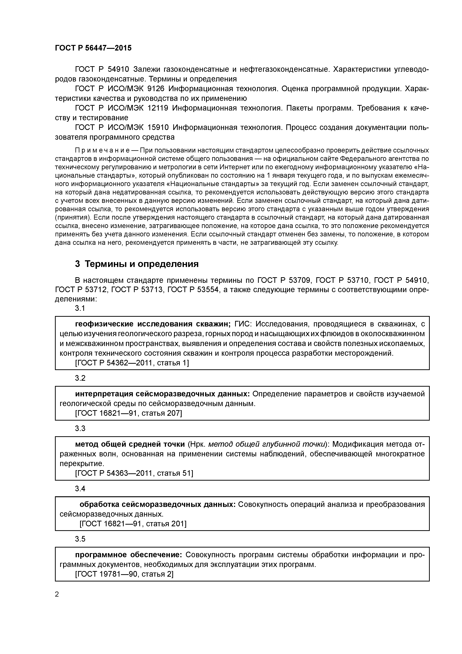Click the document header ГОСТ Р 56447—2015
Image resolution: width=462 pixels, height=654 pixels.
coord(93,48)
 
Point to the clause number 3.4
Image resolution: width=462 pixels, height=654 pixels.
coord(80,488)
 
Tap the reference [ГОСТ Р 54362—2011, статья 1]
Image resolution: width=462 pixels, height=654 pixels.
coord(132,363)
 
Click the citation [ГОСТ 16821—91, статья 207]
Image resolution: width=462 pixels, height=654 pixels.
coord(128,413)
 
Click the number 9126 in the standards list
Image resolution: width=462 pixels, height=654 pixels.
coord(156,89)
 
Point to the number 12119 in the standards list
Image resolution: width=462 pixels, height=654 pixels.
coord(158,108)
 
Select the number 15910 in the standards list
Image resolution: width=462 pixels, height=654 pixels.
coord(158,127)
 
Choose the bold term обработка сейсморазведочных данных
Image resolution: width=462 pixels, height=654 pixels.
coord(157,504)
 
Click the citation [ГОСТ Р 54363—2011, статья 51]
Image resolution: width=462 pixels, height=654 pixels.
coord(134,473)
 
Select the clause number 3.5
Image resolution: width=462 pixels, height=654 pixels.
coord(80,539)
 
